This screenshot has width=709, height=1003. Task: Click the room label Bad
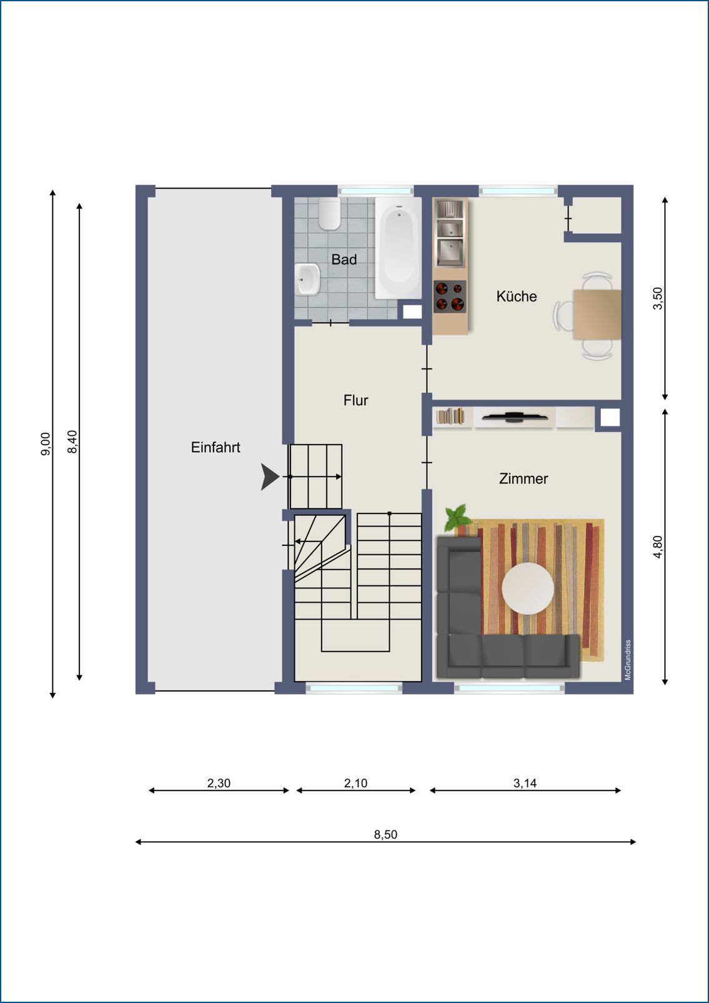pos(344,260)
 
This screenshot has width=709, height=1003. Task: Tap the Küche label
pos(516,296)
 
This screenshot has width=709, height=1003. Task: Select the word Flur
pos(355,400)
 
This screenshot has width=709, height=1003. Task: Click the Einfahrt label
pos(216,447)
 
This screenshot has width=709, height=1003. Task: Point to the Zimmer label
pos(523,478)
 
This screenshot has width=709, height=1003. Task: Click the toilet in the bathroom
pos(330,214)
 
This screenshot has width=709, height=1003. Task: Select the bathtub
pos(398,248)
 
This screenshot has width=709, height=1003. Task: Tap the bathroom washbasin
pos(307,279)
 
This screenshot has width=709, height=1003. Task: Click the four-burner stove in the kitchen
pos(450,296)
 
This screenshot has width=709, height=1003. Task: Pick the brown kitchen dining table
pos(597,315)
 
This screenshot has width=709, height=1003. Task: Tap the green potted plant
pos(458,518)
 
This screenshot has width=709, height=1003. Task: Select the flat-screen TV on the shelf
pos(515,417)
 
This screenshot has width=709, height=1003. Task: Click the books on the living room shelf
pos(450,416)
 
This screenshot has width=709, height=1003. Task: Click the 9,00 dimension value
pos(46,444)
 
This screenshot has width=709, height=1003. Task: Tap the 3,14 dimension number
pos(525,783)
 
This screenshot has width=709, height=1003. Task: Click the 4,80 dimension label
pos(658,547)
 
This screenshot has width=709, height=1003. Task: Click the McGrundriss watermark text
pos(628,660)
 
